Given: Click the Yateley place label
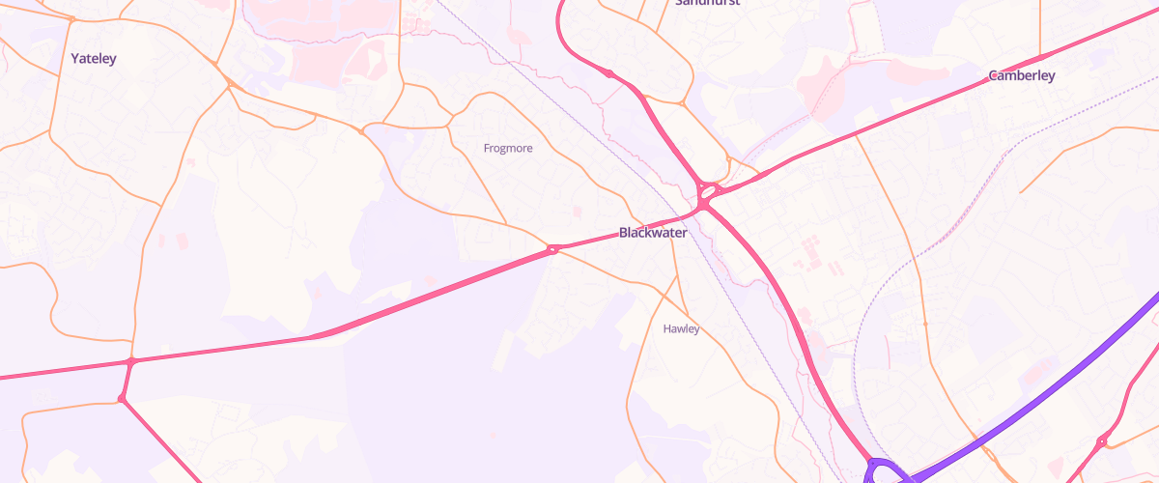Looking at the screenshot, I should click(94, 59).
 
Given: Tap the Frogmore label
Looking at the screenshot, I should click(507, 149).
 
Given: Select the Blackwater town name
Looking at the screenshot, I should click(653, 233).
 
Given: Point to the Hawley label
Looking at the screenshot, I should click(681, 328).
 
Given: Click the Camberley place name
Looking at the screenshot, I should click(1021, 75).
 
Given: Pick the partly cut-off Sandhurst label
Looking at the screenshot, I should click(707, 3).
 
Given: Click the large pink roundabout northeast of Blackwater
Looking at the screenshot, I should click(708, 192).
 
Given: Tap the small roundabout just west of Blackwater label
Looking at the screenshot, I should click(553, 250).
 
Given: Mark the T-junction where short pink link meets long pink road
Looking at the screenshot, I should click(132, 361).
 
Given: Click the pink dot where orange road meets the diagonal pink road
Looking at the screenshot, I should click(122, 398).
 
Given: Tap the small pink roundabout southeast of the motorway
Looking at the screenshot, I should click(1101, 441).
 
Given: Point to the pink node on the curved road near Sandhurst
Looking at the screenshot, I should click(609, 73).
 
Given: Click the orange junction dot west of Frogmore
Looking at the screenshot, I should click(361, 130).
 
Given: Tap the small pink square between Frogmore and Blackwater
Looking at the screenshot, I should click(578, 211).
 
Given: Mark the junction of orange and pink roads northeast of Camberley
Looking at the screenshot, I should click(1040, 56).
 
